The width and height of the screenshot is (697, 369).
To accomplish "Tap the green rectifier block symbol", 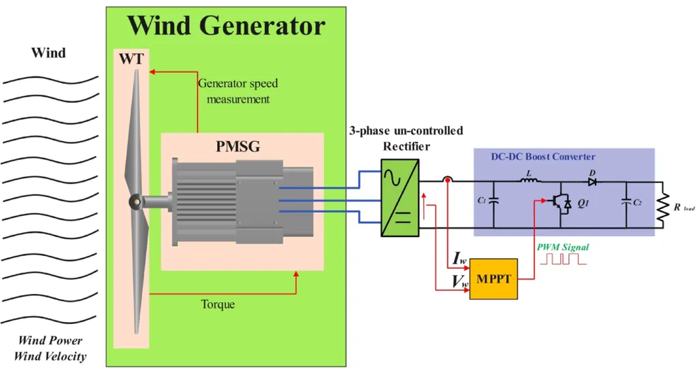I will (x=400, y=197).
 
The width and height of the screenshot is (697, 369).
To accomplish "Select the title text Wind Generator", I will (x=226, y=26).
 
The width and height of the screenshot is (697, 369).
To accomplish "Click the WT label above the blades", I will (x=131, y=59).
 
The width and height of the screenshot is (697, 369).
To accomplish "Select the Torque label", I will (x=218, y=304).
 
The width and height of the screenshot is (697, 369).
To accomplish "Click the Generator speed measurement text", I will (x=238, y=91).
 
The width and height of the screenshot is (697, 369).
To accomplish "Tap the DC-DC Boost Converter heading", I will (x=543, y=157).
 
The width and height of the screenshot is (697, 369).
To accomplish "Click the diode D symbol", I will (x=592, y=182).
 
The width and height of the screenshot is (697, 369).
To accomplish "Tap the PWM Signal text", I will (x=563, y=247).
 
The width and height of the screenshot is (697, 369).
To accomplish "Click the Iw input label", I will (x=459, y=259).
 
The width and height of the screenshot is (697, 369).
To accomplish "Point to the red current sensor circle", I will (x=447, y=181).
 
